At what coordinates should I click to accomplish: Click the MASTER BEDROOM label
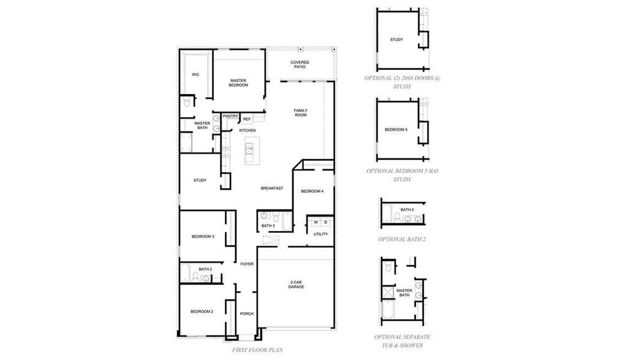[x=238, y=83]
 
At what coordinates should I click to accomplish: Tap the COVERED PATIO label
[x=300, y=64]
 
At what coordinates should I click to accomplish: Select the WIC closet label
[x=195, y=74]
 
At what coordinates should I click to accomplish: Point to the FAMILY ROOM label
[x=300, y=112]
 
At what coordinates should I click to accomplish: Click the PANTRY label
[x=231, y=116]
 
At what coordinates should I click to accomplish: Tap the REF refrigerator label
[x=247, y=119]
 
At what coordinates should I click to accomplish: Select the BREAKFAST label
[x=271, y=188]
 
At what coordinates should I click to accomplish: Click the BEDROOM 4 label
[x=312, y=191]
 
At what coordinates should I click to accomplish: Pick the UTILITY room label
[x=321, y=234]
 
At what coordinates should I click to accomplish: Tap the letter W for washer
[x=315, y=222]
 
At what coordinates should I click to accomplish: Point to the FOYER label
[x=247, y=264]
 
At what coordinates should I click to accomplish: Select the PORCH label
[x=247, y=314]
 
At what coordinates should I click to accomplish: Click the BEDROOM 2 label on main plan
[x=202, y=311]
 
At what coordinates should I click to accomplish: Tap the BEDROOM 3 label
[x=203, y=236]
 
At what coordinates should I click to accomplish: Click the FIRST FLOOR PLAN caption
[x=257, y=350]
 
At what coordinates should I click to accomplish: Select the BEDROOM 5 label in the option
[x=396, y=130]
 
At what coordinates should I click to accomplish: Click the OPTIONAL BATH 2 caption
[x=402, y=239]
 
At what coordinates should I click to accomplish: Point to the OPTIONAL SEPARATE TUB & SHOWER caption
[x=402, y=341]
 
